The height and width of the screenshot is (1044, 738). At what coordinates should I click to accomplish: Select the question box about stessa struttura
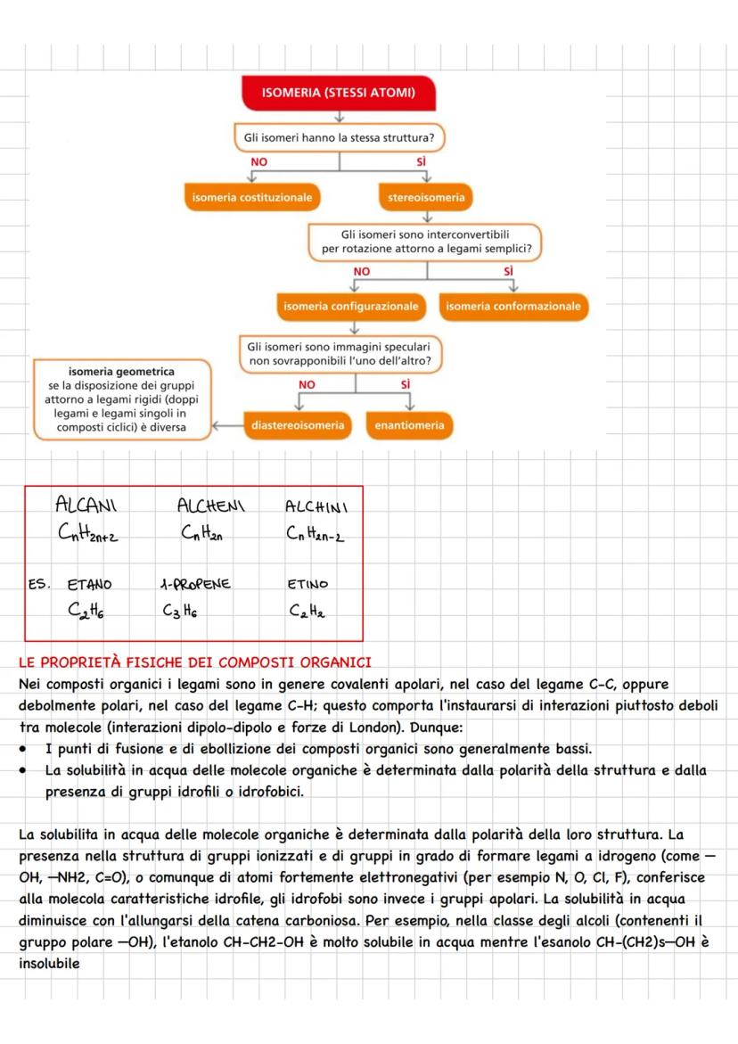pyautogui.click(x=339, y=138)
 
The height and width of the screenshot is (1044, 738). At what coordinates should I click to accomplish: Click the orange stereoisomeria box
pyautogui.click(x=426, y=197)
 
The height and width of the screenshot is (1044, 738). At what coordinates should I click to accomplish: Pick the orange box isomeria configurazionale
pyautogui.click(x=350, y=306)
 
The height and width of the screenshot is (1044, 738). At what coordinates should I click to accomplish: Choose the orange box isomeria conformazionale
pyautogui.click(x=512, y=306)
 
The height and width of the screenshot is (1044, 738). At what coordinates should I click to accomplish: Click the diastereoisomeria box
pyautogui.click(x=298, y=425)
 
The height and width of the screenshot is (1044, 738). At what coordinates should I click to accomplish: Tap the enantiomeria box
pyautogui.click(x=409, y=425)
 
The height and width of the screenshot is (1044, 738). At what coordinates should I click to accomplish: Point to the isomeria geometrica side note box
pyautogui.click(x=122, y=399)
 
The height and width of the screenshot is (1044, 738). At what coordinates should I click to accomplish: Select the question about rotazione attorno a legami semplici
pyautogui.click(x=426, y=241)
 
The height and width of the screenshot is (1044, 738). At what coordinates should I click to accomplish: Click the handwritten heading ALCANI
pyautogui.click(x=86, y=506)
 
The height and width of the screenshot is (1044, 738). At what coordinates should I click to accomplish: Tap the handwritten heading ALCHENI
pyautogui.click(x=210, y=506)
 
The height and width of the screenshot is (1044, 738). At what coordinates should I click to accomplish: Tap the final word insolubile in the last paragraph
pyautogui.click(x=48, y=964)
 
